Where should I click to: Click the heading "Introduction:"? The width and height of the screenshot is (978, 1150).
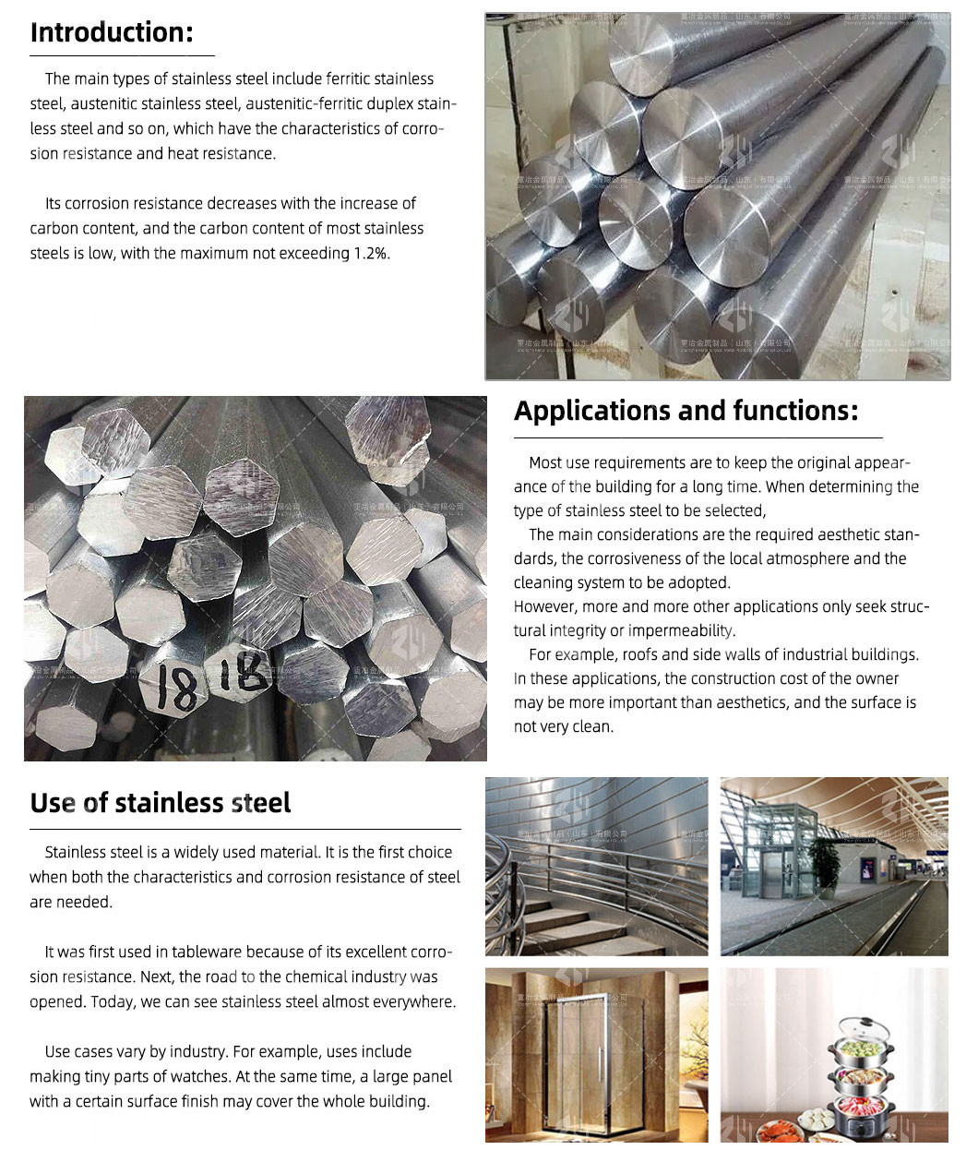[112, 32]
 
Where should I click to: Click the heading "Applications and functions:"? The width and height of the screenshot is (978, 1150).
[686, 411]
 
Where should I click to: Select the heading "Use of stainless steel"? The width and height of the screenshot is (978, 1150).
[160, 803]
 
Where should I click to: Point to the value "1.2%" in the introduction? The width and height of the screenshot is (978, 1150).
[372, 253]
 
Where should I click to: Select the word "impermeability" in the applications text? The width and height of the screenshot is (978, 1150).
[682, 630]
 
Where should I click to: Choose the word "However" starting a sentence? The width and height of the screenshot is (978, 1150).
[546, 606]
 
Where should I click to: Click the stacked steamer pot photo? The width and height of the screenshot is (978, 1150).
[834, 1055]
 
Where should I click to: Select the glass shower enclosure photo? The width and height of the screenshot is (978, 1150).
[596, 1055]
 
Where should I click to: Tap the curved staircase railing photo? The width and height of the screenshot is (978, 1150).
[596, 866]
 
